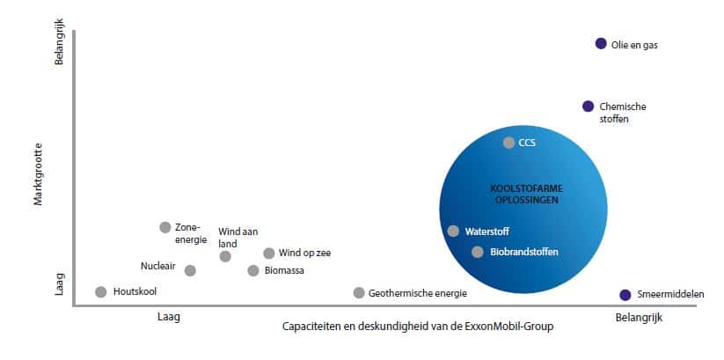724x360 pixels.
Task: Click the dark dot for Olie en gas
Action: click(x=601, y=43)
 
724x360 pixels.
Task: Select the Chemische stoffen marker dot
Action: click(x=588, y=107)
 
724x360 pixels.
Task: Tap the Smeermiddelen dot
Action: click(x=625, y=295)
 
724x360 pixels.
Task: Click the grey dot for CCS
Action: click(x=508, y=143)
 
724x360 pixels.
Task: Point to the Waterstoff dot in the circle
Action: click(x=453, y=231)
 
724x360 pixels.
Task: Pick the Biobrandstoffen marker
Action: click(x=477, y=252)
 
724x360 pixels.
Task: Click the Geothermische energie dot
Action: click(x=359, y=293)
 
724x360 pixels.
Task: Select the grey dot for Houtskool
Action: click(x=100, y=292)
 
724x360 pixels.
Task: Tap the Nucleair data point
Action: click(x=190, y=270)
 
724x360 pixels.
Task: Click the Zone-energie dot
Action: click(x=165, y=227)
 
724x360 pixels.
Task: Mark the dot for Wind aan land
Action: click(x=225, y=256)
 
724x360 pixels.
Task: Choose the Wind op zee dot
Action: click(x=269, y=253)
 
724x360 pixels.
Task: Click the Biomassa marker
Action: click(x=253, y=270)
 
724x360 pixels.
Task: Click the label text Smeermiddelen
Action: click(x=671, y=295)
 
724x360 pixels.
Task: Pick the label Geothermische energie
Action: click(x=418, y=293)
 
